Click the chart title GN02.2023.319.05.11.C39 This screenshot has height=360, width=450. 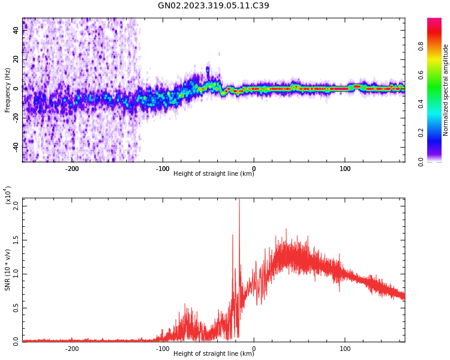(x=213, y=6)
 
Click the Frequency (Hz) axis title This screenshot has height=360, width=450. (x=8, y=90)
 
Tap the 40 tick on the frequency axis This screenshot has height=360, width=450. (x=16, y=30)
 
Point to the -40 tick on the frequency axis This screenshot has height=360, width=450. (x=16, y=146)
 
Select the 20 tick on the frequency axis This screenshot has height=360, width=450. (x=16, y=59)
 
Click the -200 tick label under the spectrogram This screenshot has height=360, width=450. (x=72, y=169)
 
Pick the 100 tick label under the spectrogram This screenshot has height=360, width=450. (x=345, y=169)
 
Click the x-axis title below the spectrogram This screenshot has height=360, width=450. (x=214, y=174)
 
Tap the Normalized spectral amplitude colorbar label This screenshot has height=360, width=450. (x=446, y=90)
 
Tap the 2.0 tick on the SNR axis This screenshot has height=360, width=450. (x=16, y=205)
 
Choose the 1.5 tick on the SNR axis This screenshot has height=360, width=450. (x=16, y=239)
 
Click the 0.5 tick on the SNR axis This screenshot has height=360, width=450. (x=16, y=307)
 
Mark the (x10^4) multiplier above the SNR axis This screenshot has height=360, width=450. (x=8, y=196)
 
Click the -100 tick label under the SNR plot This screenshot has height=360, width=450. (x=163, y=349)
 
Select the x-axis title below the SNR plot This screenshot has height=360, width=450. (x=214, y=354)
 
